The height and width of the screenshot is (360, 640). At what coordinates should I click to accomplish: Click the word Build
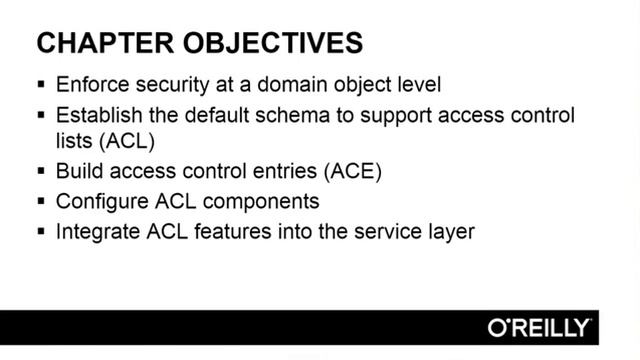(x=77, y=171)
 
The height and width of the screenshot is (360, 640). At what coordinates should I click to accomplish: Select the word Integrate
(x=96, y=231)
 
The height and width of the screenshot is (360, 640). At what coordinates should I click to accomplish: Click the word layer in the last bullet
(x=451, y=231)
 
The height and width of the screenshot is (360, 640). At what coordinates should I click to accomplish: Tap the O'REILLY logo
(x=539, y=327)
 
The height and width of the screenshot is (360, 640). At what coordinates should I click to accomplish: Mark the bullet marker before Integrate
(x=41, y=232)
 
